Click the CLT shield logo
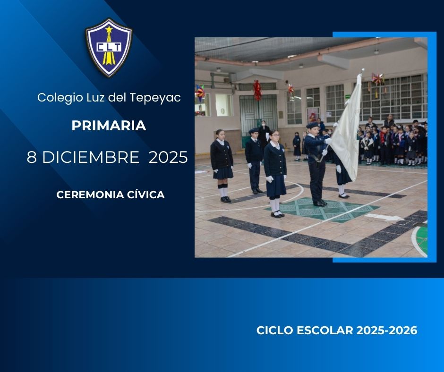tap(109, 48)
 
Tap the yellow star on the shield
tap(109, 29)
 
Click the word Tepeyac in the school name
tap(155, 98)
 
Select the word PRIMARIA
tap(109, 126)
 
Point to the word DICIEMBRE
tap(91, 157)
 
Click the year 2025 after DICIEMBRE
tap(168, 157)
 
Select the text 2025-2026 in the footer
tap(387, 330)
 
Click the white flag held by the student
tap(347, 127)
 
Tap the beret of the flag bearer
tap(312, 125)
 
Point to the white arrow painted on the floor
tap(384, 217)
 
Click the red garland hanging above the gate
tap(257, 90)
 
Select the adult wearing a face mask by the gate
tap(264, 135)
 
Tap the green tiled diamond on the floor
tap(322, 210)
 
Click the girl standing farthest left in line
tap(222, 166)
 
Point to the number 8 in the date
tap(32, 157)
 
